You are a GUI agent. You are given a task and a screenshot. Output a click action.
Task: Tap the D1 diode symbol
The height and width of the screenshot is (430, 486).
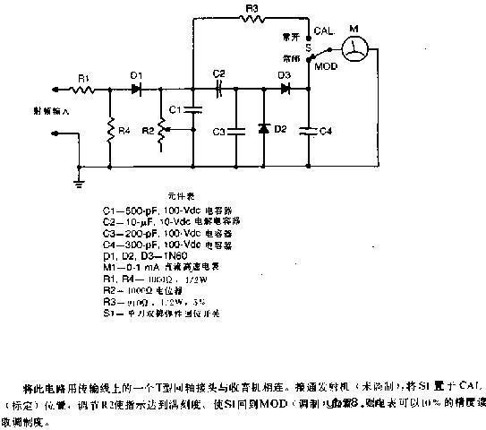[136, 90]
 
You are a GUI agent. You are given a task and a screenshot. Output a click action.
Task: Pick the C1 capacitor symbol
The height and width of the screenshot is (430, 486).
[193, 111]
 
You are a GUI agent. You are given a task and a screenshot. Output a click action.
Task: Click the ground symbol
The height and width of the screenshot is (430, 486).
[80, 182]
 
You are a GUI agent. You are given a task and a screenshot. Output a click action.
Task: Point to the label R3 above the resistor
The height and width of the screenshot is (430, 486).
[253, 8]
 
